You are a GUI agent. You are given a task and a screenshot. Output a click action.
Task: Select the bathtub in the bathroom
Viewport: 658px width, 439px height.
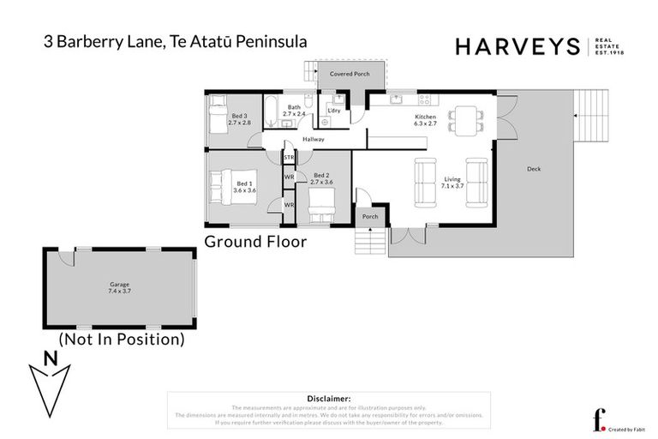click(x=272, y=110)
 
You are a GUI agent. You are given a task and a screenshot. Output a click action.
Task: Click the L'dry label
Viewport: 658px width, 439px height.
click(x=334, y=111)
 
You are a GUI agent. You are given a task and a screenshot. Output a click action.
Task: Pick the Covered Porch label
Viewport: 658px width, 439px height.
click(x=350, y=75)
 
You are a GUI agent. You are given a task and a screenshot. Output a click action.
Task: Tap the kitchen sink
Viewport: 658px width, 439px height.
click(x=395, y=99)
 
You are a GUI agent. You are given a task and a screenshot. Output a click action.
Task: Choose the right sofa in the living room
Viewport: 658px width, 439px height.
click(x=476, y=183)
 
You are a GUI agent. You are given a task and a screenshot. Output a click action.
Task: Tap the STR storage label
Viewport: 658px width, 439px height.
click(x=289, y=158)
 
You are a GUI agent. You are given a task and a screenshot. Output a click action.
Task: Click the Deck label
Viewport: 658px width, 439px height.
click(x=534, y=168)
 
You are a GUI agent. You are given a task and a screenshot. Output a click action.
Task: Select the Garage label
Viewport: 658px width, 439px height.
click(x=119, y=287)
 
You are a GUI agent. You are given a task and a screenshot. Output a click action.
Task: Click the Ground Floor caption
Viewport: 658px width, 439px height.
click(x=254, y=242)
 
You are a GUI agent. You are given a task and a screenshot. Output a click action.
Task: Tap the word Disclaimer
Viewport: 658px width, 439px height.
click(x=328, y=399)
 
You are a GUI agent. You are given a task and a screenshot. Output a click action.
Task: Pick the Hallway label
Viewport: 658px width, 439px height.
click(x=313, y=139)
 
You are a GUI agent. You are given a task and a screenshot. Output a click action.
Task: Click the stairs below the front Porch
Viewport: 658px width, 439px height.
click(x=370, y=244)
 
